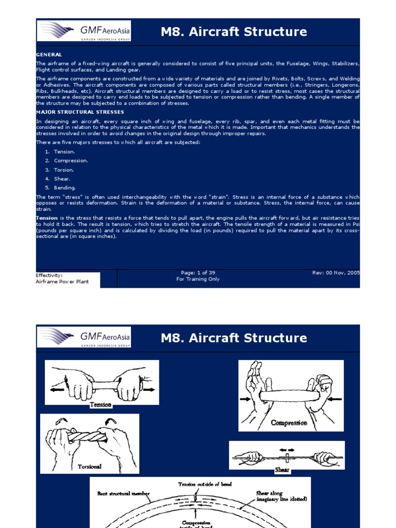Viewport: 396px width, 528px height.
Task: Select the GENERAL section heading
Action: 49,54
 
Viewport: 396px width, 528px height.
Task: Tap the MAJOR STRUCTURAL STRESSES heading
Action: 80,111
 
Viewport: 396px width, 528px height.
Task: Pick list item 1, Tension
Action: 64,152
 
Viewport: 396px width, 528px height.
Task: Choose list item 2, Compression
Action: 71,160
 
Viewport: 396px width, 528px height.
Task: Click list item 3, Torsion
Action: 64,170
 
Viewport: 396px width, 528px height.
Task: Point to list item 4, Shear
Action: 62,178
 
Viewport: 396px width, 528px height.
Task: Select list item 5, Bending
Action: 64,188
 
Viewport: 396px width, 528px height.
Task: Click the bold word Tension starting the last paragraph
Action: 47,218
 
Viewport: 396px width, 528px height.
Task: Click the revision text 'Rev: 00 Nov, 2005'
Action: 336,273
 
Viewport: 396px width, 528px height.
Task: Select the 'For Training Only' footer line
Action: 198,279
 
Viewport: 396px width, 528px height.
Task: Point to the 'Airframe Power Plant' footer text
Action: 62,282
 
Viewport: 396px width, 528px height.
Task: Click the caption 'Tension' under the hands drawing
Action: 101,405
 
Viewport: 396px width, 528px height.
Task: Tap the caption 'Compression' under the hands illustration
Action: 289,423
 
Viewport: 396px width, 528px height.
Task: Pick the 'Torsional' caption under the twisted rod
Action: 90,467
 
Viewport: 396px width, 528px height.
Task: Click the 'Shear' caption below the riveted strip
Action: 282,470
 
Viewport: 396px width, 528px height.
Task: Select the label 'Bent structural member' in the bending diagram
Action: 124,493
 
